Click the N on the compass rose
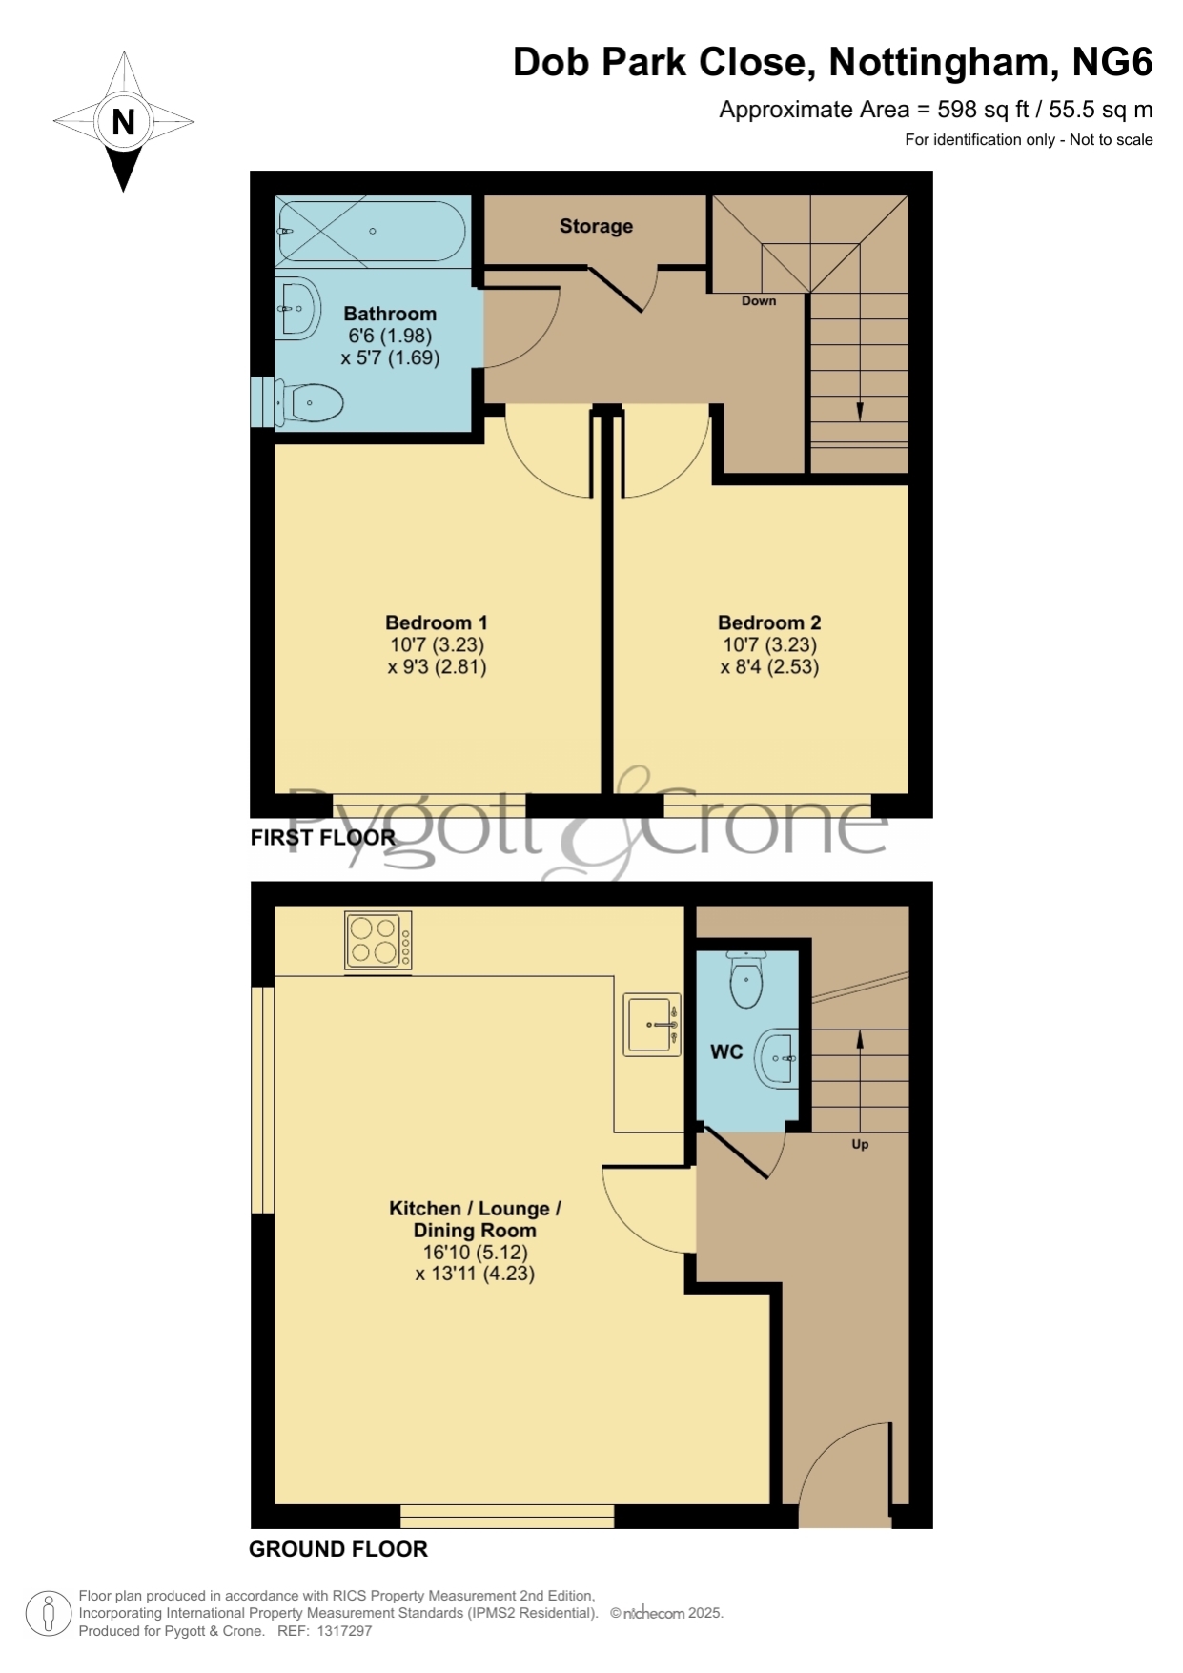pos(123,122)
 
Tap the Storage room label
pos(596,226)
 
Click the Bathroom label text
pos(390,314)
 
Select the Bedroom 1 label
pos(437,622)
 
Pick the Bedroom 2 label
pos(769,622)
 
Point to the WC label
pos(726,1051)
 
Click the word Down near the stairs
pos(759,300)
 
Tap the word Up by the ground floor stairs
pos(860,1144)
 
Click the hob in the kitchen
pos(378,942)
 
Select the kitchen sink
pos(652,1025)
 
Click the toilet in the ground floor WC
pos(745,978)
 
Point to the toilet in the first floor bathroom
pos(309,403)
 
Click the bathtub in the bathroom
pos(371,230)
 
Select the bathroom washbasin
pos(297,309)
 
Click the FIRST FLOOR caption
pos(322,837)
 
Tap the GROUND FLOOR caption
pos(338,1549)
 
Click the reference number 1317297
pos(345,1631)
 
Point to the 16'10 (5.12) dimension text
pos(475,1252)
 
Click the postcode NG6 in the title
pos(1112,62)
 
